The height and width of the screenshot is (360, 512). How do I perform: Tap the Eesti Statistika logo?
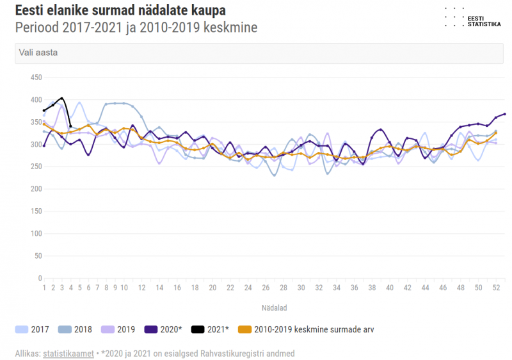(x=473, y=17)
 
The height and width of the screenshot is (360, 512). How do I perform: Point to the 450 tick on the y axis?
(x=36, y=78)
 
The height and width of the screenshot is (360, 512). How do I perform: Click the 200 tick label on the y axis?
(x=36, y=190)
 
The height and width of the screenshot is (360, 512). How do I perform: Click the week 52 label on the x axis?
(x=496, y=288)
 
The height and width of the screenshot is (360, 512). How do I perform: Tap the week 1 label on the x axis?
(x=44, y=288)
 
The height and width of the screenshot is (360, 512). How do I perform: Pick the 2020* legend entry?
(x=163, y=329)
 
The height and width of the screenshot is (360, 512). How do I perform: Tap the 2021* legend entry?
(x=209, y=329)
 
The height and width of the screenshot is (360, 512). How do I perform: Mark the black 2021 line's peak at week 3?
(x=62, y=98)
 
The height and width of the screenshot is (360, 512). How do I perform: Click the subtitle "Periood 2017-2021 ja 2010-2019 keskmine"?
(x=136, y=28)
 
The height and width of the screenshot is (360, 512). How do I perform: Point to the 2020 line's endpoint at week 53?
(x=505, y=114)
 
